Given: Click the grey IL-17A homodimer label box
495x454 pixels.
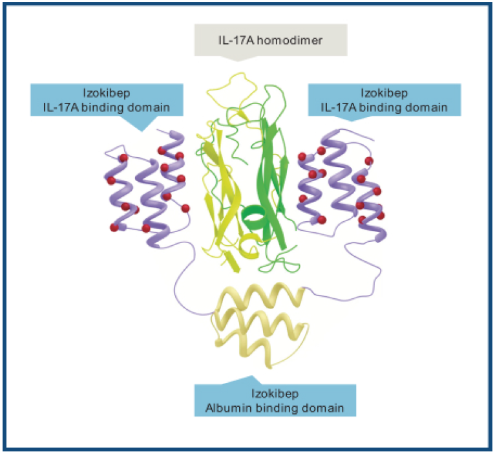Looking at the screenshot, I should tap(270, 42).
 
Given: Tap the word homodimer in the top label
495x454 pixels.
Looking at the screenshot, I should tap(294, 42).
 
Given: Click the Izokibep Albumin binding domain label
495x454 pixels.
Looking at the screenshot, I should tap(275, 400).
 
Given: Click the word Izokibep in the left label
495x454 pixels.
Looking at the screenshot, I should tap(107, 92).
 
